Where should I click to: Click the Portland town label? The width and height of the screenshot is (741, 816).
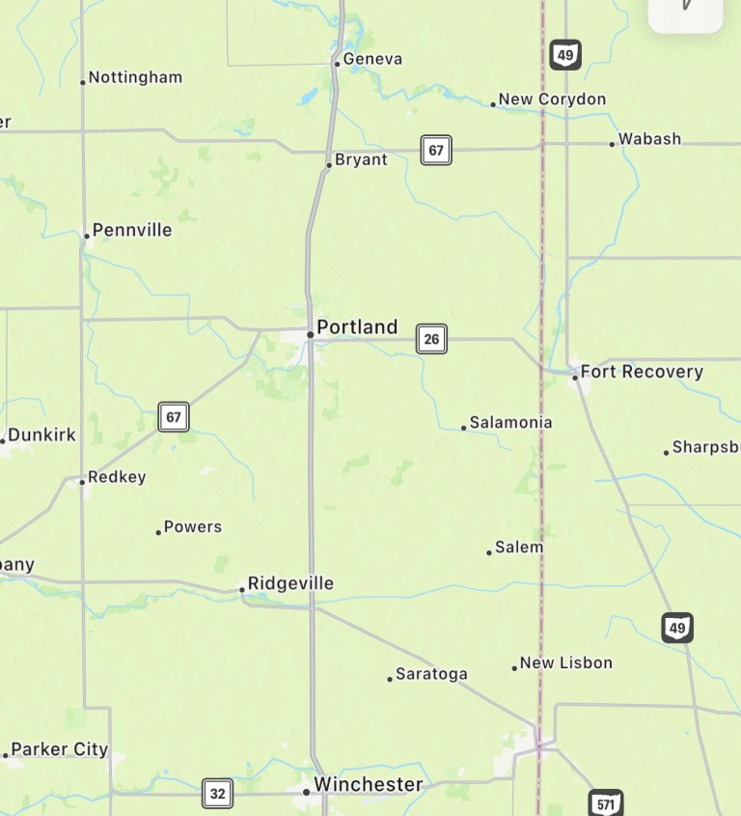(357, 327)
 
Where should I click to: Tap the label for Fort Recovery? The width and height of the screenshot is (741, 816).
(642, 372)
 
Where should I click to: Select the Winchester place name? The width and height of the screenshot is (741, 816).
(368, 784)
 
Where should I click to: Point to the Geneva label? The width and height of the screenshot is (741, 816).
(372, 59)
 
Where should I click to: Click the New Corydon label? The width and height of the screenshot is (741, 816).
(552, 99)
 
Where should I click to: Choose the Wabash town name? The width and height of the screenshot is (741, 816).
(649, 139)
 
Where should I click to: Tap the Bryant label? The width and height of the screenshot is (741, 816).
(361, 160)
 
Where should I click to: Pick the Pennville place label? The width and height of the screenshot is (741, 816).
(132, 230)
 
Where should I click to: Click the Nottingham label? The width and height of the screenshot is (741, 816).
(135, 77)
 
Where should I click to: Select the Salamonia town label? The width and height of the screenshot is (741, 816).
(510, 422)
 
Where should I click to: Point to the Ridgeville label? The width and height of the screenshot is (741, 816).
(290, 583)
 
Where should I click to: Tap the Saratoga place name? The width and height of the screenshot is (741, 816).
(431, 674)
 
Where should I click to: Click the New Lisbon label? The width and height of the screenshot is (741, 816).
(565, 662)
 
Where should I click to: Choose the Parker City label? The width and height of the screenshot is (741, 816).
(59, 749)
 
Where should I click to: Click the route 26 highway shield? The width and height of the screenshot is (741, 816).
(431, 339)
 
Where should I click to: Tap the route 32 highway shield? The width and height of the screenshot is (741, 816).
(217, 794)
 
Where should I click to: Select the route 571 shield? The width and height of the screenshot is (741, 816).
(605, 803)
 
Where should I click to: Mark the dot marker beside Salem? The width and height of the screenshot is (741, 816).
(489, 552)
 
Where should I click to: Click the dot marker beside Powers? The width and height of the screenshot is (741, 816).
(158, 532)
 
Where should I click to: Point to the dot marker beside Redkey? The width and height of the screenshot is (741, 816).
(82, 481)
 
